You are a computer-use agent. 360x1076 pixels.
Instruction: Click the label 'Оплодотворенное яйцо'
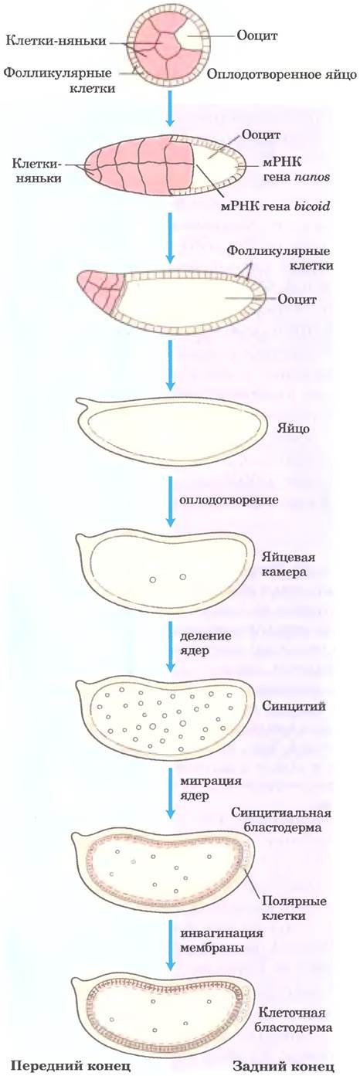coord(281,75)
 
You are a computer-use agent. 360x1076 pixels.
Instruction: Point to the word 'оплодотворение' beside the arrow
coord(229,499)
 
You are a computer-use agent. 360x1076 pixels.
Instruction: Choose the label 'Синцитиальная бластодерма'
coord(280,820)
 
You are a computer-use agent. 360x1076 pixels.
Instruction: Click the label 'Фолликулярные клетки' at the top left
coord(59,80)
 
